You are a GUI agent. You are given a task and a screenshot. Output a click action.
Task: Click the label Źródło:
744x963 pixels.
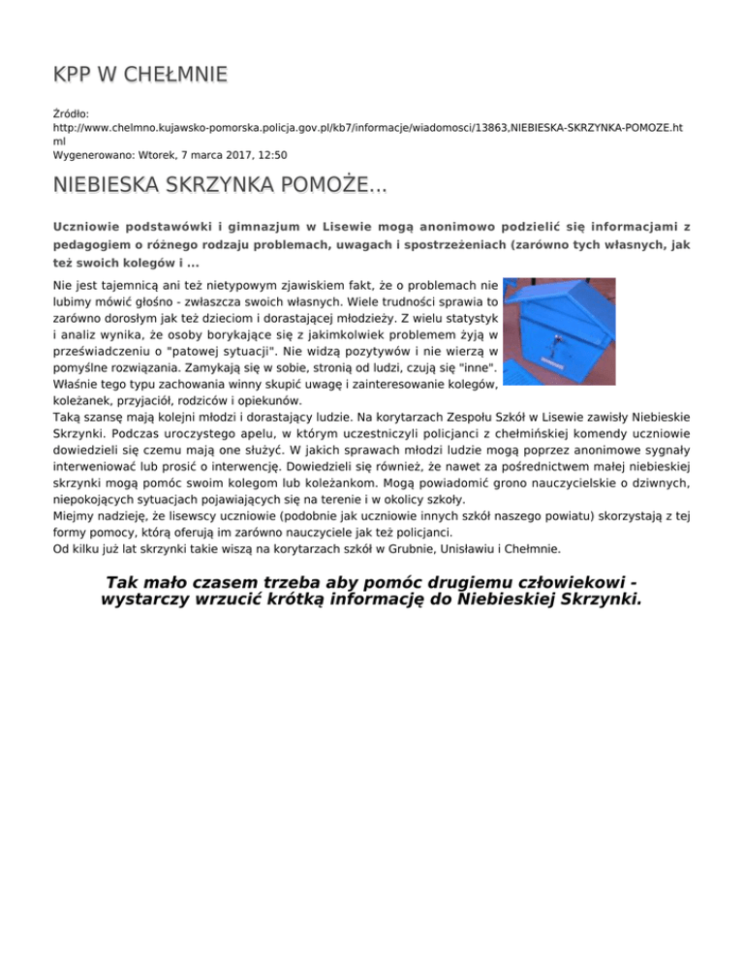tap(71, 113)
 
